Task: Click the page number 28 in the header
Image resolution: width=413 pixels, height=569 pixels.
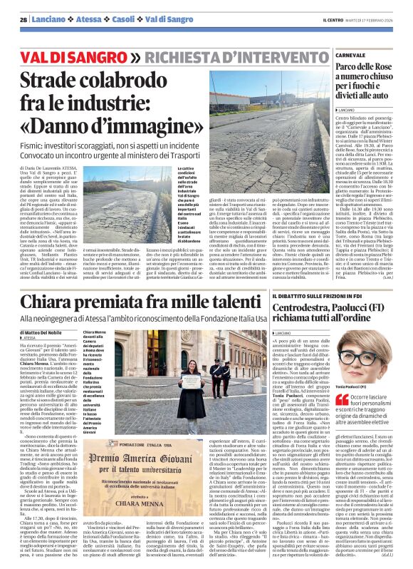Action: pyautogui.click(x=23, y=19)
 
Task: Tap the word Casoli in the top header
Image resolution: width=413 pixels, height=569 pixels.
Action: pyautogui.click(x=109, y=19)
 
